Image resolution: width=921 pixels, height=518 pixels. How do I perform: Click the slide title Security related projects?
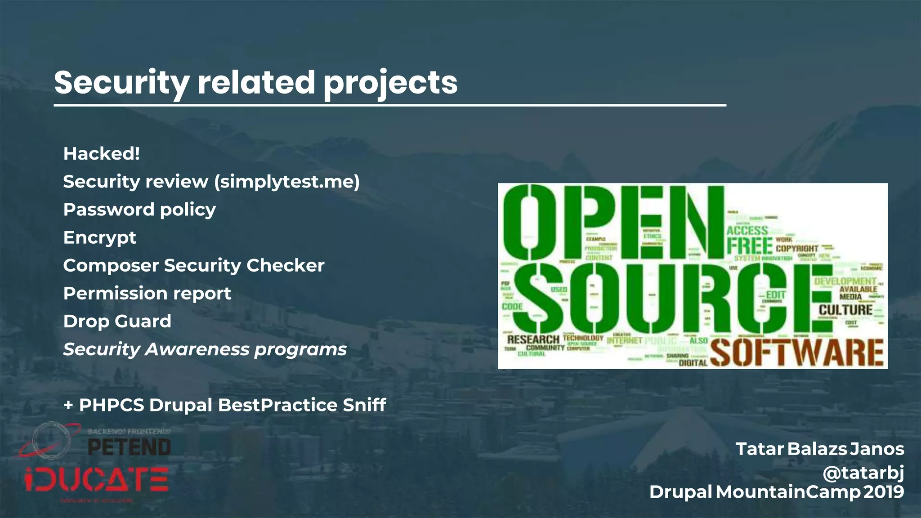255,83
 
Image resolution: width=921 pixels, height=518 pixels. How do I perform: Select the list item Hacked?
102,154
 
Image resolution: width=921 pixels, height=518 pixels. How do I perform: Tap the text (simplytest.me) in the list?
287,182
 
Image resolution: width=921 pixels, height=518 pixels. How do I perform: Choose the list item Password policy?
139,210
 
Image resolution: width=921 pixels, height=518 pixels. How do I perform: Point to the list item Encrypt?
99,237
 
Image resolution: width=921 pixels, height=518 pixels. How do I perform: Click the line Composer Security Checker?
193,265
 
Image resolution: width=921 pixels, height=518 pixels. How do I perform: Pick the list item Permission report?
147,293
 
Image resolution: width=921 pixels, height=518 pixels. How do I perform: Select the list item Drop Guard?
117,321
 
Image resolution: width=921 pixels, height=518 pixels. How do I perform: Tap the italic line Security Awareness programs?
205,349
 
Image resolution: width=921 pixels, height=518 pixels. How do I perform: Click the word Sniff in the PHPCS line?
364,405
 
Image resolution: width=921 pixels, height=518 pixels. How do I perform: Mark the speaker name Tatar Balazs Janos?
819,449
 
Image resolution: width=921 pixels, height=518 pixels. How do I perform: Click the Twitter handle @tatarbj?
863,473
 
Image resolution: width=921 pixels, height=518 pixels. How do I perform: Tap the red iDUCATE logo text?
97,480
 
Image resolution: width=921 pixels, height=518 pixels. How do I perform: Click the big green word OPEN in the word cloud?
612,223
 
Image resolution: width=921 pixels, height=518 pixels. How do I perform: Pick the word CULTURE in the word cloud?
845,310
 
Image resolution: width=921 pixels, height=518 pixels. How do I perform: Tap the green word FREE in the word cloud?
749,246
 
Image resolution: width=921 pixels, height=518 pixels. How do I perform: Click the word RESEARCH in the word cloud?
533,339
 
